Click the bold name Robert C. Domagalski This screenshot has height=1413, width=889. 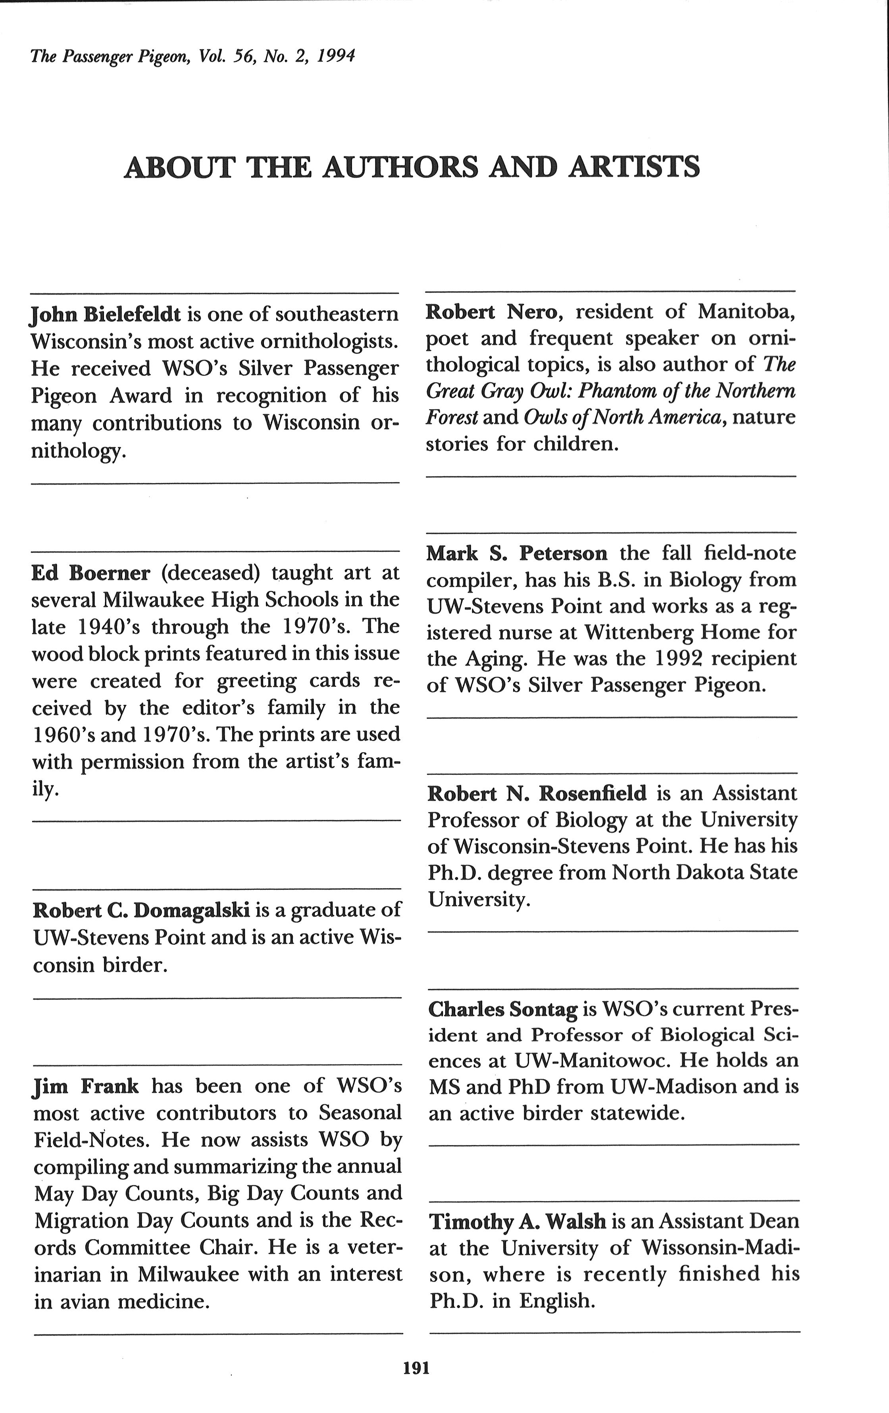[x=141, y=910]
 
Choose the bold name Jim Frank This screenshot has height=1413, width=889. [x=86, y=1086]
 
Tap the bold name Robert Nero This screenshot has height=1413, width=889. [x=492, y=312]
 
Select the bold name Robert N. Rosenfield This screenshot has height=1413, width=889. [x=536, y=793]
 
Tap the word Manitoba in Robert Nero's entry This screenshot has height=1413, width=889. [x=746, y=312]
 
